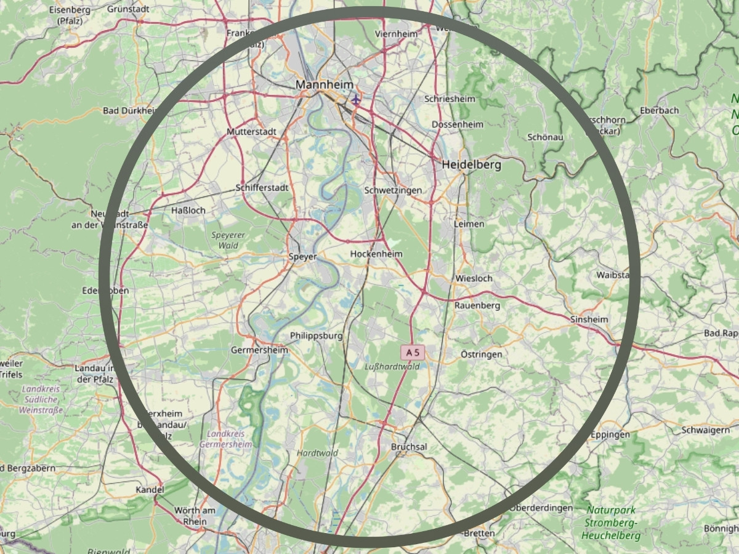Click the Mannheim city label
click(x=324, y=84)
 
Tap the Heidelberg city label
click(x=471, y=165)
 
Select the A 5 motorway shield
click(x=413, y=353)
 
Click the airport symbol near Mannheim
click(x=355, y=98)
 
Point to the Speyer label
click(x=303, y=257)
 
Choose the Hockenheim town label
click(x=376, y=254)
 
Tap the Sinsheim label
click(x=589, y=319)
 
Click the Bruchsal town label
click(x=409, y=446)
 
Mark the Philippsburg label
click(x=316, y=335)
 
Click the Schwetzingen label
click(x=393, y=190)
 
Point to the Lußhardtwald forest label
click(x=392, y=366)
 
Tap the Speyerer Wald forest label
click(x=228, y=240)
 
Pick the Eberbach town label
click(x=659, y=110)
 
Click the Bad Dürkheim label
click(x=130, y=111)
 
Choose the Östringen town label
click(x=481, y=354)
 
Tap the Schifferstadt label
click(x=262, y=188)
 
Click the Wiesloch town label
click(x=474, y=278)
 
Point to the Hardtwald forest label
click(x=317, y=453)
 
